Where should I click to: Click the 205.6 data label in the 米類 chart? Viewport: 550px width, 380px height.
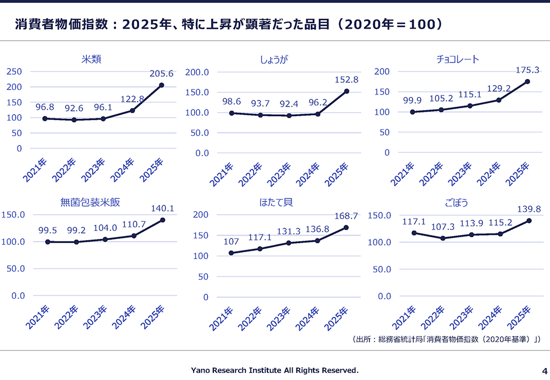click(161, 74)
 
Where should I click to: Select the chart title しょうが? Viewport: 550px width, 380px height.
click(273, 59)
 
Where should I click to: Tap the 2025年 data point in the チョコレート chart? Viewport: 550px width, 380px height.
click(527, 82)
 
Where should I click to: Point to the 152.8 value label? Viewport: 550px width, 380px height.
click(346, 80)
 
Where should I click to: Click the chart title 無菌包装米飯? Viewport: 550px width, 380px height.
click(90, 202)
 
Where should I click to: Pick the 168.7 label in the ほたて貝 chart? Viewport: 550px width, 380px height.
click(346, 216)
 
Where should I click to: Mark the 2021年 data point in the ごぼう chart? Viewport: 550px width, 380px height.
click(414, 233)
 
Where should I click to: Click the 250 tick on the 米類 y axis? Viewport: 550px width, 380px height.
click(14, 71)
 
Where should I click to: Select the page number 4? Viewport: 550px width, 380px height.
click(544, 371)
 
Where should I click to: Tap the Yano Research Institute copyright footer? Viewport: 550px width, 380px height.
click(274, 370)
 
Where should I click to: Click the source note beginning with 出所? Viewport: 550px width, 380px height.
click(446, 339)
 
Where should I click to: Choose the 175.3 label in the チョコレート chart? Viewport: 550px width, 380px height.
click(527, 70)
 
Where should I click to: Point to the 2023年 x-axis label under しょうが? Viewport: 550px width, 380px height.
click(279, 174)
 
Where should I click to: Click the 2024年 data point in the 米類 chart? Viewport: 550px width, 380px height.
click(132, 111)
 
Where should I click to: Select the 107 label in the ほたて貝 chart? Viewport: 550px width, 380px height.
click(231, 241)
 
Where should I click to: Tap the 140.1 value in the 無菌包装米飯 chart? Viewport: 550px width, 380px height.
click(162, 208)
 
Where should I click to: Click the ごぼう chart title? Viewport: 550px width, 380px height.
click(457, 203)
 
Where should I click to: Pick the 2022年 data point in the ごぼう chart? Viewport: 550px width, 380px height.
click(443, 238)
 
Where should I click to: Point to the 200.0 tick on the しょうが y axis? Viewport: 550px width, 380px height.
click(197, 72)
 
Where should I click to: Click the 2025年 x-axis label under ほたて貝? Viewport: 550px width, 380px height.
click(336, 318)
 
